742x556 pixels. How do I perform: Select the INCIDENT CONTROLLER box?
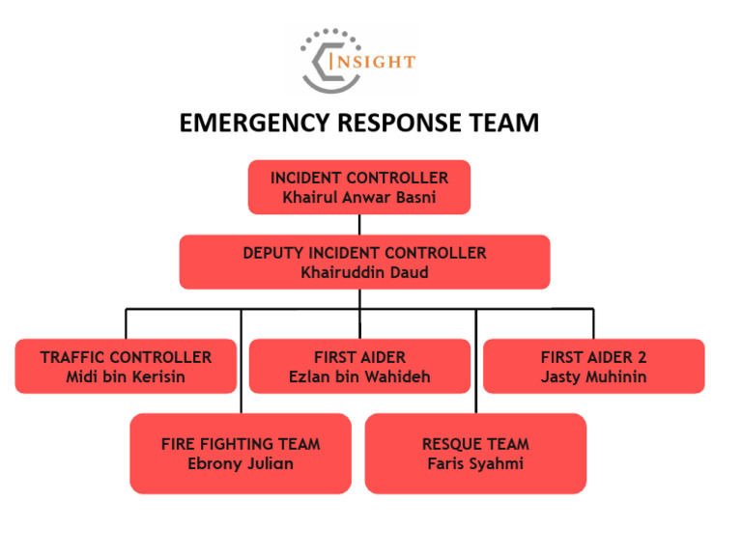point(359,186)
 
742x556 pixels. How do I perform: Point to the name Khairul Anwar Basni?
point(359,197)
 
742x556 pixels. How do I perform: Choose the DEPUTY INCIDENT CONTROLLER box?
point(364,262)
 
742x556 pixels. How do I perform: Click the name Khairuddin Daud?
point(364,272)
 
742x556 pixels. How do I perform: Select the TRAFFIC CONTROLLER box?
point(126,366)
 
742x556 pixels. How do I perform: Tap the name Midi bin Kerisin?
point(126,376)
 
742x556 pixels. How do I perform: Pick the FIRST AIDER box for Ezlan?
point(359,366)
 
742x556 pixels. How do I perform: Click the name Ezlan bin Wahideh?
point(359,376)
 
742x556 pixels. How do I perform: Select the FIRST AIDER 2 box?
point(593,366)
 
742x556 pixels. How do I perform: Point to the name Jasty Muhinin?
point(593,376)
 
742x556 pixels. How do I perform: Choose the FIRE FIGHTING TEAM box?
point(241,454)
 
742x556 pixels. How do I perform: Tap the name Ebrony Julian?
point(241,464)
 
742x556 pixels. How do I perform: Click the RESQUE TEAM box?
point(475,454)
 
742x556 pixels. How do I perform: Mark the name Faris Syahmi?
point(475,464)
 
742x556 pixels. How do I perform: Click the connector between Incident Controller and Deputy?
point(359,224)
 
